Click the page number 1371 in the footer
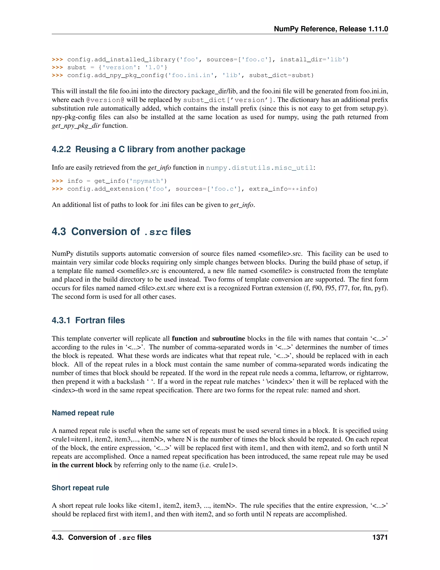click(380, 537)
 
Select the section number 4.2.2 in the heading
click(61, 149)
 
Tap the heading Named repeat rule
click(83, 413)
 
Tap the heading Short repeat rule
click(80, 488)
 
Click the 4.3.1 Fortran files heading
click(88, 320)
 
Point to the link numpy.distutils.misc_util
click(259, 168)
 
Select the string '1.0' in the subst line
click(154, 68)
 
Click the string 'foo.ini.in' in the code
click(191, 75)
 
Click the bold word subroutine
click(228, 339)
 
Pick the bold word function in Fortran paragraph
click(184, 339)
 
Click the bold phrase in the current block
click(82, 465)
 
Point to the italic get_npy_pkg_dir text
click(76, 126)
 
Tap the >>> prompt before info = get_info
click(57, 181)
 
